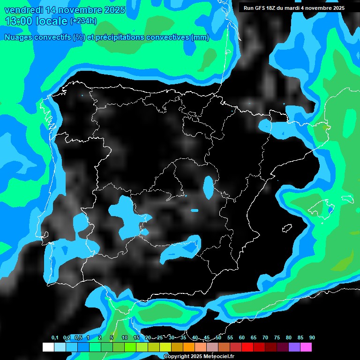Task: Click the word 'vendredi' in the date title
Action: pos(22,10)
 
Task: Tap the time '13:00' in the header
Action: pos(20,21)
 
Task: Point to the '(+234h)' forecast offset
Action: pos(83,21)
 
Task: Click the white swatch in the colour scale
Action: pos(48,347)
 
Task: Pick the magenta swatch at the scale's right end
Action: pos(306,347)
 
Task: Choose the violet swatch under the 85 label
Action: pos(294,347)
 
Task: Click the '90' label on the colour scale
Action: pos(312,338)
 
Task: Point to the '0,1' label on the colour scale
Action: pos(55,338)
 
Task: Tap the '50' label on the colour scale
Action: pos(218,338)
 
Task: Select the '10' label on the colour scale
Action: pos(125,338)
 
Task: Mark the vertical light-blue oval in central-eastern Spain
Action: pos(208,187)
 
